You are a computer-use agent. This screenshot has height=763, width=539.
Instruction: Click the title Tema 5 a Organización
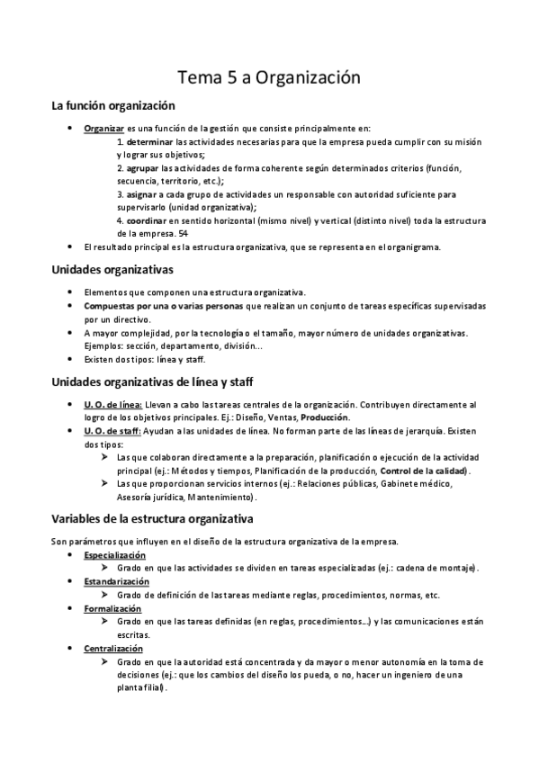coord(269,79)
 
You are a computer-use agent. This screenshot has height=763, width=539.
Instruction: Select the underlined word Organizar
coord(103,129)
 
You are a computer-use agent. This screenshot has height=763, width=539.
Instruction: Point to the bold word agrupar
coord(139,167)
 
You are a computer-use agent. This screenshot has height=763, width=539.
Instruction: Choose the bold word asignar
coord(139,193)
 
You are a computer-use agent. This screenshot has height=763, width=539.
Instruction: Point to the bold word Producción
coord(325,418)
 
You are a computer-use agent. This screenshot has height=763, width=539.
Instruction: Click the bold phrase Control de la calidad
coord(425,471)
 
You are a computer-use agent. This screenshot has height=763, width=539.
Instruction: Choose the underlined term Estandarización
coord(115,581)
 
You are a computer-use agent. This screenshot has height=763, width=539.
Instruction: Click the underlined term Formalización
coord(113,607)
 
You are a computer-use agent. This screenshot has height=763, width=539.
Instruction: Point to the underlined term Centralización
coord(113,648)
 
